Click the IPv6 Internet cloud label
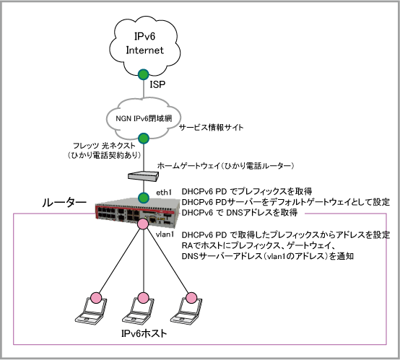click(x=144, y=43)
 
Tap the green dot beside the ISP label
click(x=144, y=74)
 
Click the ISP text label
click(x=157, y=84)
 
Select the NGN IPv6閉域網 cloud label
click(x=144, y=118)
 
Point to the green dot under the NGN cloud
click(x=144, y=139)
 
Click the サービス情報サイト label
click(x=212, y=127)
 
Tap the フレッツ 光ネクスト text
click(x=104, y=146)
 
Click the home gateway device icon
click(x=143, y=175)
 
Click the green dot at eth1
click(x=144, y=198)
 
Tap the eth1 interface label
click(x=164, y=193)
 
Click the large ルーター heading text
click(x=64, y=203)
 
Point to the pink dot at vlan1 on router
click(x=143, y=224)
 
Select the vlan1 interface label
click(x=165, y=234)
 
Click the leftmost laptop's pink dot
click(x=96, y=298)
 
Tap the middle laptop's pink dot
click(x=143, y=298)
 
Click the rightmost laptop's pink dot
click(x=191, y=298)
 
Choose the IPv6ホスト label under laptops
click(x=144, y=333)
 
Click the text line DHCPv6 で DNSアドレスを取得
click(x=240, y=212)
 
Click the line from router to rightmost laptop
click(x=167, y=261)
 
